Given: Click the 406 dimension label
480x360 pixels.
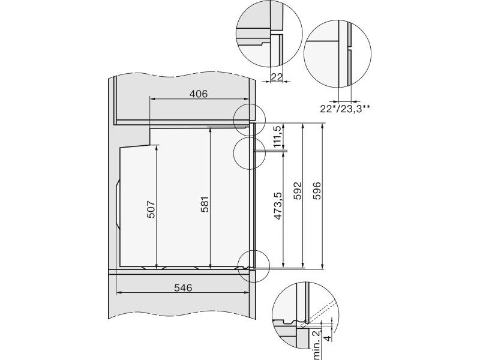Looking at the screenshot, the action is [x=199, y=94].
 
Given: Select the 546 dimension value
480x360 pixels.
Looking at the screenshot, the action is [x=183, y=288].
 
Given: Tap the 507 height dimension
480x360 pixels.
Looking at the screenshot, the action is [x=151, y=209].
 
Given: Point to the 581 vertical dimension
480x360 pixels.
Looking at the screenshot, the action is [x=205, y=205].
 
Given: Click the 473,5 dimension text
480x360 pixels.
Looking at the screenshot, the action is [x=278, y=206].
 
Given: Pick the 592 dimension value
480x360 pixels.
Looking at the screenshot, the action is [x=298, y=191].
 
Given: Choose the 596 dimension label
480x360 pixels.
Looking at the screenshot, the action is [x=317, y=191].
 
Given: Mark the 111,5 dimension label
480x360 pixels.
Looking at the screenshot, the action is [x=278, y=137].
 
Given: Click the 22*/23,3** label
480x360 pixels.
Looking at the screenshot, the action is [x=346, y=109].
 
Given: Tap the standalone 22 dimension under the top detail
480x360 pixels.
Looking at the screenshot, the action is [x=277, y=77].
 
